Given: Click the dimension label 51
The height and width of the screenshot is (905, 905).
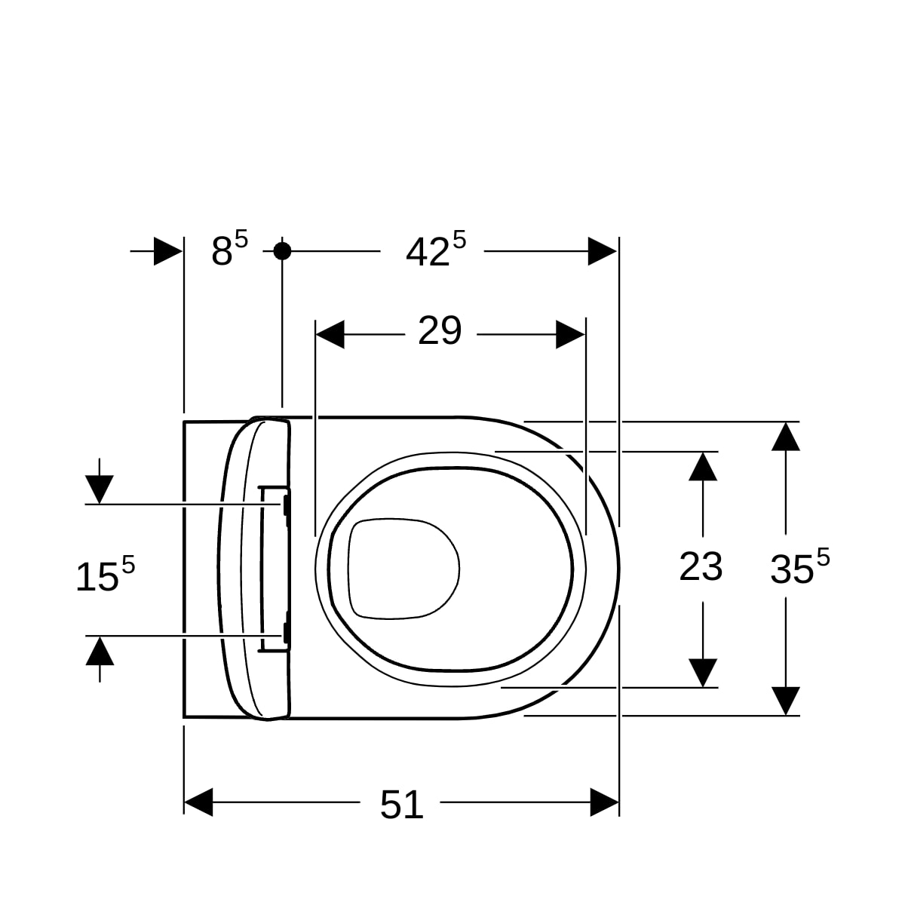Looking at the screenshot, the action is (401, 805).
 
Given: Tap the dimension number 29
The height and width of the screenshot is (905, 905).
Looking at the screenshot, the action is (440, 330).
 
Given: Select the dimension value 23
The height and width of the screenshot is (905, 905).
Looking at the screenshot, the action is (701, 566).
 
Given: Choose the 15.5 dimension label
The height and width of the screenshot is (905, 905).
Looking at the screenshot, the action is (105, 573).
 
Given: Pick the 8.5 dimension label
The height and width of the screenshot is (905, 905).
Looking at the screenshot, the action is (229, 248).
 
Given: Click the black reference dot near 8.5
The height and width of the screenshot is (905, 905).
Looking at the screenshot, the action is (282, 251).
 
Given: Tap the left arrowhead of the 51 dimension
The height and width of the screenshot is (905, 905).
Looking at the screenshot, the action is (198, 802).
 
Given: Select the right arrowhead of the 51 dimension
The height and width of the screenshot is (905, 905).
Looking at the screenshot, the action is (604, 802).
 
